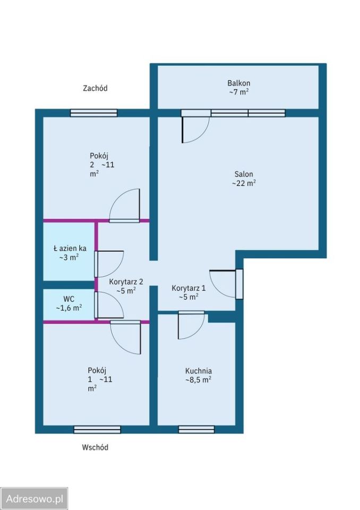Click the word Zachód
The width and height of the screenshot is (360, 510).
pyautogui.click(x=95, y=88)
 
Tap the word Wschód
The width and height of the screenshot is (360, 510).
pyautogui.click(x=95, y=447)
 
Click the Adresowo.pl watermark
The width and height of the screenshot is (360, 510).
pyautogui.click(x=35, y=499)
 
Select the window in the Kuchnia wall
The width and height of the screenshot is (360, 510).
pyautogui.click(x=196, y=429)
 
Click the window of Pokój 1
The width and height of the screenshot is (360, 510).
pyautogui.click(x=97, y=430)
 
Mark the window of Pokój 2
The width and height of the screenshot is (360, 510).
pyautogui.click(x=93, y=113)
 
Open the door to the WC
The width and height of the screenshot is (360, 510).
pyautogui.click(x=109, y=305)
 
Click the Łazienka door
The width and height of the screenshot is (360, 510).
pyautogui.click(x=109, y=264)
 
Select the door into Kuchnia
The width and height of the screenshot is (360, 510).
pyautogui.click(x=191, y=325)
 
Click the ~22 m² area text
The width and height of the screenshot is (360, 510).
pyautogui.click(x=244, y=183)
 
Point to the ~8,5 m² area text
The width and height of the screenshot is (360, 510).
pyautogui.click(x=199, y=379)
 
